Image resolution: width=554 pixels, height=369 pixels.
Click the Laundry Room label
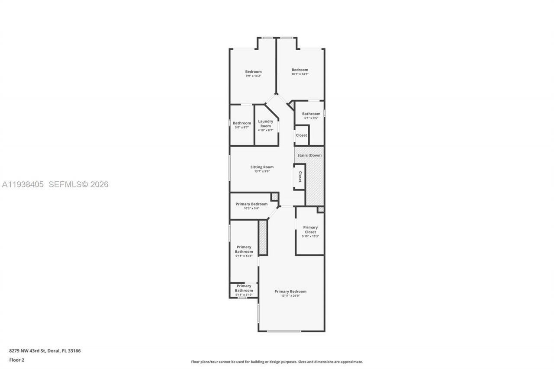pyautogui.click(x=265, y=123)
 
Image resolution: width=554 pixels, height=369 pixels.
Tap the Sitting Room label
pyautogui.click(x=262, y=167)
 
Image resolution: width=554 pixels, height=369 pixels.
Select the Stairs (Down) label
pyautogui.click(x=309, y=155)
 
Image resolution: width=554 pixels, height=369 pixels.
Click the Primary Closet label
pyautogui.click(x=310, y=230)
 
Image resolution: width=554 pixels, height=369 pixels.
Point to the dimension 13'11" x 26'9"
pyautogui.click(x=290, y=296)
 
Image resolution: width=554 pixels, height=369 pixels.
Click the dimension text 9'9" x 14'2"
pyautogui.click(x=253, y=76)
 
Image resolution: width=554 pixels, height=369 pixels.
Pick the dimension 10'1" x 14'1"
pyautogui.click(x=300, y=74)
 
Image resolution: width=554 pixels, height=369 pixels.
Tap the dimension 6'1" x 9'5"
pyautogui.click(x=311, y=118)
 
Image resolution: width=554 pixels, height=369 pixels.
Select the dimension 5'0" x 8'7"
pyautogui.click(x=242, y=127)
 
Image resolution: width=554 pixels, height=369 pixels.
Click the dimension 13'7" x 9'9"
pyautogui.click(x=262, y=171)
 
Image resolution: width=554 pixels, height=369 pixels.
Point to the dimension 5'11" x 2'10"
pyautogui.click(x=244, y=295)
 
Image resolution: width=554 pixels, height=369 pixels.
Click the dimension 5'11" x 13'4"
pyautogui.click(x=244, y=256)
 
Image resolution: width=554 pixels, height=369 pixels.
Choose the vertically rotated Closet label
pyautogui.click(x=300, y=176)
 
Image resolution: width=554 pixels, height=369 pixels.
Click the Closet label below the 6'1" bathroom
pyautogui.click(x=301, y=135)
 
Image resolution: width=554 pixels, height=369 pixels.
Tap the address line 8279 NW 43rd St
pyautogui.click(x=45, y=351)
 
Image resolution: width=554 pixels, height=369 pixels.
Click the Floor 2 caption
pyautogui.click(x=17, y=360)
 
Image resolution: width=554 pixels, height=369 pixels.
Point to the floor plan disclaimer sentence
pyautogui.click(x=277, y=362)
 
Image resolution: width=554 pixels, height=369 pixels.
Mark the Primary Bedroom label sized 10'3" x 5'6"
pyautogui.click(x=251, y=204)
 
